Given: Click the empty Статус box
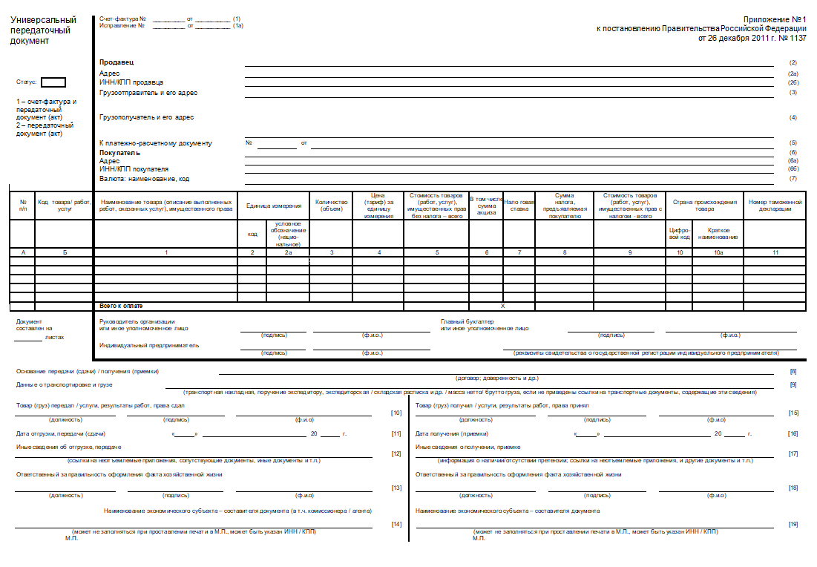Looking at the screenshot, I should (x=53, y=82).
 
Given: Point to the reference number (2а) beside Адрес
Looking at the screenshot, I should (x=793, y=74).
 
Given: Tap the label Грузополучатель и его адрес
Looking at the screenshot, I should (x=146, y=117).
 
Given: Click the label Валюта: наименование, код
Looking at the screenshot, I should (x=144, y=178).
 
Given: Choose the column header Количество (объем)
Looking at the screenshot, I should (x=331, y=205).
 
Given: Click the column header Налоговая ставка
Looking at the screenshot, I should (x=519, y=205).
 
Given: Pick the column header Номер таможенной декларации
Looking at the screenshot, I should (x=775, y=205).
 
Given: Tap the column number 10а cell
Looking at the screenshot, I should (x=718, y=253).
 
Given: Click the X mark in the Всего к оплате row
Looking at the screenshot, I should (x=502, y=306).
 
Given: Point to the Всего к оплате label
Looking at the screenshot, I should (x=121, y=306).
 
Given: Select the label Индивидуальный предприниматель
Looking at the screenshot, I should (x=149, y=346).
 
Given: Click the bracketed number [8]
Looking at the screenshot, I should (x=793, y=371).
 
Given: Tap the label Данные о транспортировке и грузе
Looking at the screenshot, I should (x=65, y=384).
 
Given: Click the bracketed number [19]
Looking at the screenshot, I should (x=793, y=524).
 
